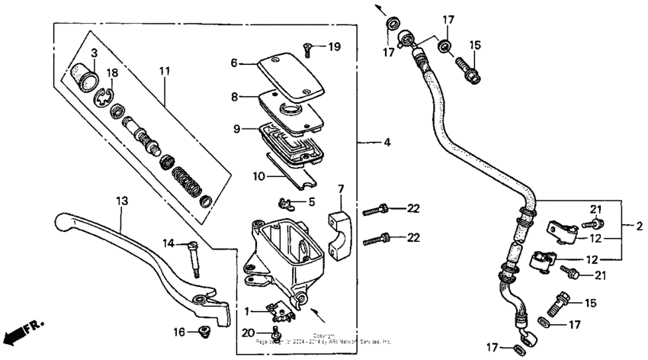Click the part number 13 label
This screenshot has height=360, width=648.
point(121,201)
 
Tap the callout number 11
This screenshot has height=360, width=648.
point(162,72)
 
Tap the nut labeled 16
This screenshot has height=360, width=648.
point(204,330)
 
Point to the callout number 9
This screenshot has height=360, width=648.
point(236,129)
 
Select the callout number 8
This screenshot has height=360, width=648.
point(236,97)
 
